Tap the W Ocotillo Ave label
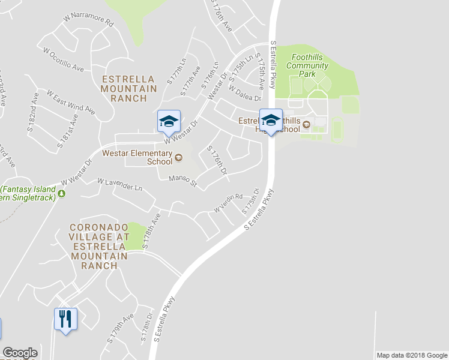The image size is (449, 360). click(x=62, y=59)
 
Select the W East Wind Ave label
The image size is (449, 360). click(x=70, y=102)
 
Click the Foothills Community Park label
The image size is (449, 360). click(x=307, y=65)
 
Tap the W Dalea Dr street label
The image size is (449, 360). click(x=245, y=94)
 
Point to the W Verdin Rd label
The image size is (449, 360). click(x=228, y=203)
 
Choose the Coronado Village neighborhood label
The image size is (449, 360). click(x=99, y=246)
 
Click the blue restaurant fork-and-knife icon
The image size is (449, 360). click(x=65, y=319)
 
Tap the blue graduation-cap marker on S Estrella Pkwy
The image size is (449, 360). click(x=271, y=121)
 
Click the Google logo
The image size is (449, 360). click(x=20, y=353)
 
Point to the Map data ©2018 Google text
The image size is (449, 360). click(x=411, y=355)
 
